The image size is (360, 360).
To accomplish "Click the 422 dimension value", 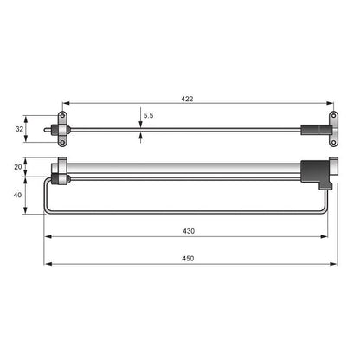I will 188,100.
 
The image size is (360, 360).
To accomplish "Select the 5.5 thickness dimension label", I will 148,115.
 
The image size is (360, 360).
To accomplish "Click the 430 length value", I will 188,230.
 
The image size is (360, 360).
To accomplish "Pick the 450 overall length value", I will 188,259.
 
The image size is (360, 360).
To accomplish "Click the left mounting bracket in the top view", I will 62,128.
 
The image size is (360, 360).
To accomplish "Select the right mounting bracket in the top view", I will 332,129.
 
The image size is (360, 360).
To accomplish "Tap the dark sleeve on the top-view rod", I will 312,130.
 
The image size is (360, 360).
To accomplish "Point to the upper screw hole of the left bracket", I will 62,117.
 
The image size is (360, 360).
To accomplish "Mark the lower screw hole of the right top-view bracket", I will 333,140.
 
